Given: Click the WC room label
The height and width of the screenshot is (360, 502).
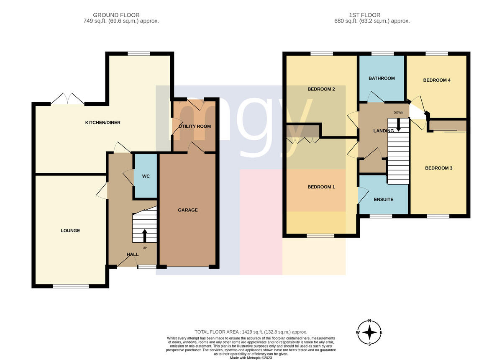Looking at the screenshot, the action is (146, 176).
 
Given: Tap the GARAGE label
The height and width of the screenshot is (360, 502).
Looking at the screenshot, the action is (188, 210).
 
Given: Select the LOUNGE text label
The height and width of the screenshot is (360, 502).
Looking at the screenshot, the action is (70, 231).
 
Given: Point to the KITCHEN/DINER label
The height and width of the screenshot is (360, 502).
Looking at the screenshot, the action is (102, 123).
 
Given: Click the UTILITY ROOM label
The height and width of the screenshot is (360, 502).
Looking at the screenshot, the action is (195, 126).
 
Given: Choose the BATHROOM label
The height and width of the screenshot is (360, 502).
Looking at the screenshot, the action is (382, 78).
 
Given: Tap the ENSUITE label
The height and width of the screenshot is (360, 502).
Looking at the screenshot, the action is (384, 199).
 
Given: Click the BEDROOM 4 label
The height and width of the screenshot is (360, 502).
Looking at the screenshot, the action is (437, 80).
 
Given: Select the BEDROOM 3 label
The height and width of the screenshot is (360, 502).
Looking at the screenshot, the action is (438, 168).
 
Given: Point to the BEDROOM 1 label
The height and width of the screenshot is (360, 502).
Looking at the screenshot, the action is (321, 187).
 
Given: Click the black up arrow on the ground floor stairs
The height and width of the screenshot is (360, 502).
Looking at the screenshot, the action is (145, 236).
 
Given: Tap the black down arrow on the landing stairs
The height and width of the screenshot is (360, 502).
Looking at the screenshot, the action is (398, 125).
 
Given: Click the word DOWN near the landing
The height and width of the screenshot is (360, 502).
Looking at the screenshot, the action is (398, 113).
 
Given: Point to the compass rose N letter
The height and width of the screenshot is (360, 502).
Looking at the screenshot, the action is (370, 321).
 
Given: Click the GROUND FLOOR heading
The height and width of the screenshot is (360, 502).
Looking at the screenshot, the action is (116, 15).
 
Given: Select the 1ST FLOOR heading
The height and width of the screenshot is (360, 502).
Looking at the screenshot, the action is (365, 15).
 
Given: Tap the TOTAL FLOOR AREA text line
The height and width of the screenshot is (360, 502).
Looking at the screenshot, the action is (251, 332).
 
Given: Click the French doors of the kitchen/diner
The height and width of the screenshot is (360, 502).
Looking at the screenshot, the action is (68, 99).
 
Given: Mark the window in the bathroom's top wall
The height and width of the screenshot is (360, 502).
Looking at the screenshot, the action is (382, 54).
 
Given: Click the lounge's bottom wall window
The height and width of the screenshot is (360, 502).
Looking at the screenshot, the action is (71, 286).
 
